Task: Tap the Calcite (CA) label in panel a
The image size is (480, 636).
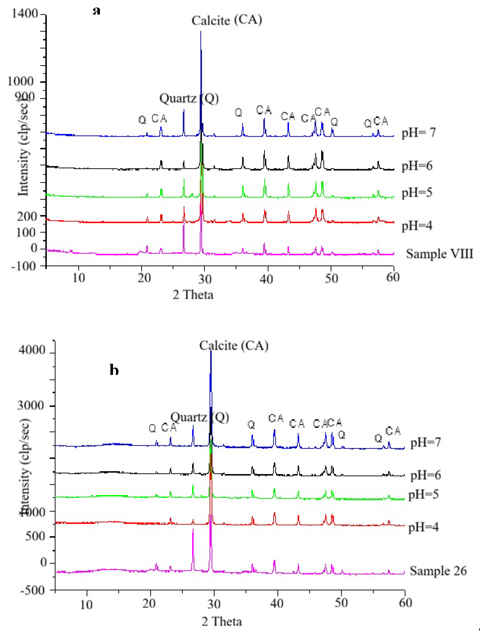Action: coord(227,20)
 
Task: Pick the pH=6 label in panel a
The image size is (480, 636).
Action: coord(417,166)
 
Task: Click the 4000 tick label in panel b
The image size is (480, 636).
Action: coord(32,350)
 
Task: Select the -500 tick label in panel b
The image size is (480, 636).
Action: coord(33,591)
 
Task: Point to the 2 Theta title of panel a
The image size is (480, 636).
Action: coord(193,295)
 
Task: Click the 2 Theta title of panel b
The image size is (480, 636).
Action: coord(222,622)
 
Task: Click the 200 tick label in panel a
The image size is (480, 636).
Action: coord(27,216)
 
